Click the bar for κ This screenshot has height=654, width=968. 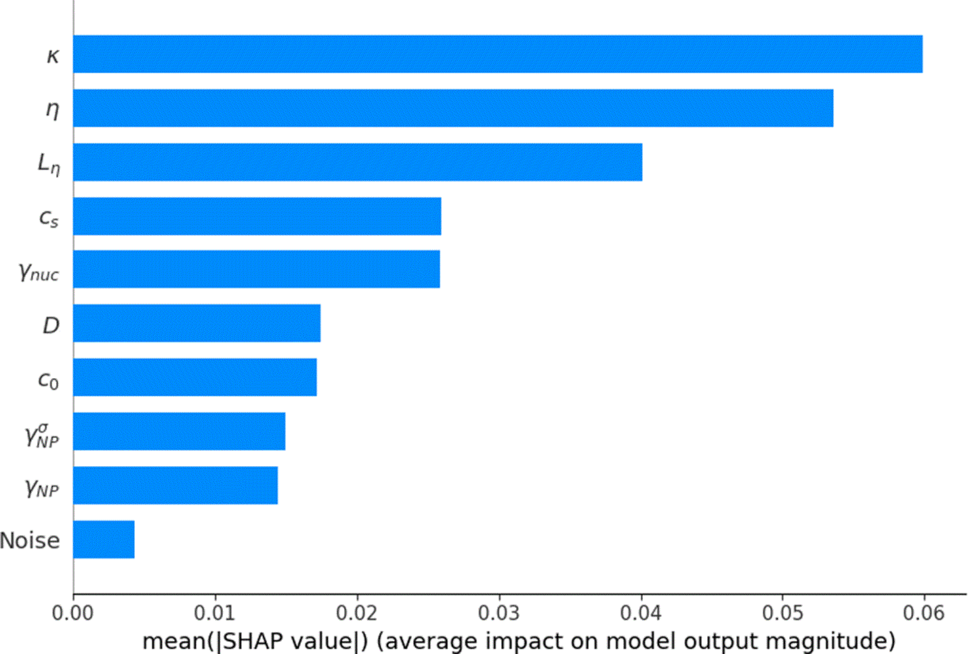pos(498,54)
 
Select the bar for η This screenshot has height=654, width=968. pos(453,108)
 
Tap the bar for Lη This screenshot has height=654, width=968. pos(358,162)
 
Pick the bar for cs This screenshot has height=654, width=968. pos(257,216)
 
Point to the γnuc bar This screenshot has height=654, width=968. pos(257,269)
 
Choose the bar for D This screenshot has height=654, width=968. pos(197,323)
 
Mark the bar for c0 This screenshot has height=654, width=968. pos(195,377)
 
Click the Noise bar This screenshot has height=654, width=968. pos(104,539)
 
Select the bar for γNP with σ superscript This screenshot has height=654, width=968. pos(180,432)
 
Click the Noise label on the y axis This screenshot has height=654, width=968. pos(30,540)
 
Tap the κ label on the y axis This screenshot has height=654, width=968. pos(53,56)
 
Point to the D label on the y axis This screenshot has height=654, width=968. pos(51,325)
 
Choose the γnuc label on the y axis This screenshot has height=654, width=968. pos(39,272)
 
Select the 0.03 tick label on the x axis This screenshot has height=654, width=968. pos(499,613)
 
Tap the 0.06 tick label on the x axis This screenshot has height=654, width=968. pos(924,613)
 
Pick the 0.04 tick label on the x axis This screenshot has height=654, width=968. pos(641,613)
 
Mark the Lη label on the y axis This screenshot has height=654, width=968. pos(49,164)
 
